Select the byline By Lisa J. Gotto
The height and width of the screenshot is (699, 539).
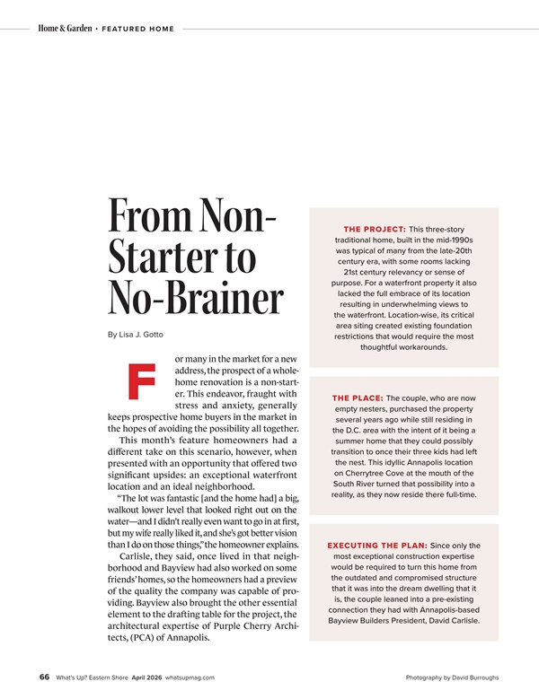click(x=135, y=335)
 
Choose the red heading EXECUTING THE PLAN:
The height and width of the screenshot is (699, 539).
click(x=377, y=546)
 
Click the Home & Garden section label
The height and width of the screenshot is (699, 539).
click(x=65, y=29)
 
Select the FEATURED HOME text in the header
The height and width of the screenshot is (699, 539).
click(x=137, y=29)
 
